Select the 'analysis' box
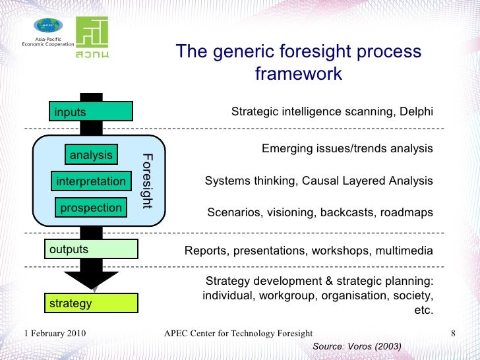point(91,155)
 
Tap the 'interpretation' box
point(91,181)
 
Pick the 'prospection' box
point(91,208)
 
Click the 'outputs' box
point(91,249)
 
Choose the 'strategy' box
point(91,303)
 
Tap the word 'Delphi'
point(416,112)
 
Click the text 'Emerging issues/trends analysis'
point(347,148)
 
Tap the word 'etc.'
point(423,310)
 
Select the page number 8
point(453,334)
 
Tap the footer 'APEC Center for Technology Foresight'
point(238,334)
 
